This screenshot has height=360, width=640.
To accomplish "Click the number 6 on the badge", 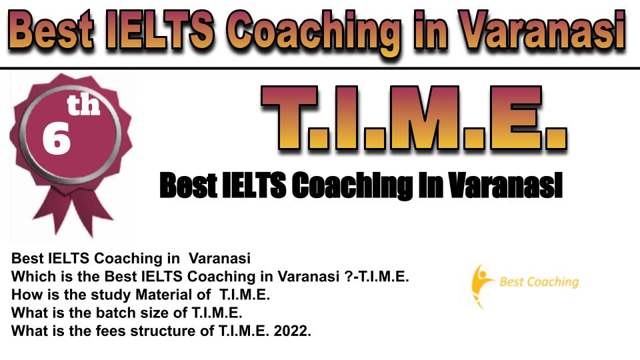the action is coord(56,139).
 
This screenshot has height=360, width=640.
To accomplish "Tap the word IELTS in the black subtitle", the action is coord(254,185).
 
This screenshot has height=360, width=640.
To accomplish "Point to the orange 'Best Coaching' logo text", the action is coord(539,281).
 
